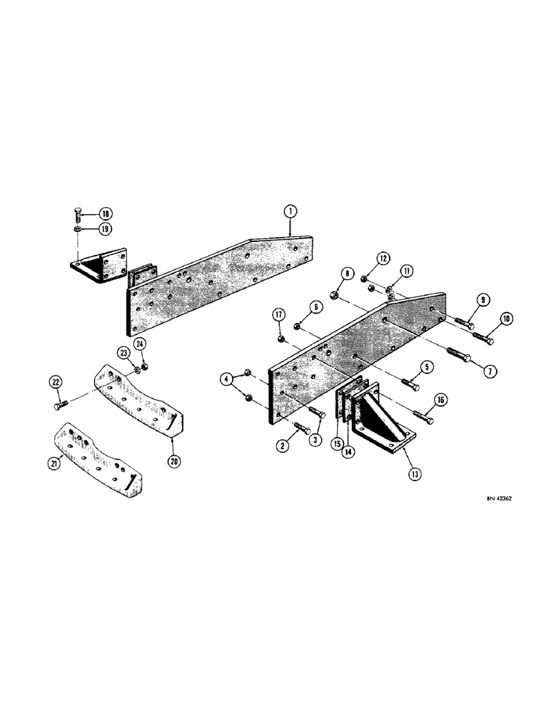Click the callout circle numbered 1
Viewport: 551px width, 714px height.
coord(290,211)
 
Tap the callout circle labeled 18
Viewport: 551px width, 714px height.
coord(105,214)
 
